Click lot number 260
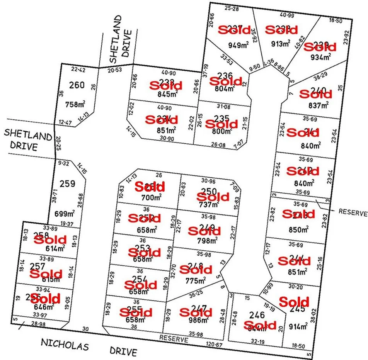[77, 84]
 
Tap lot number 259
[67, 183]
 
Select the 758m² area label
[76, 104]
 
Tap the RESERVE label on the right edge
[352, 212]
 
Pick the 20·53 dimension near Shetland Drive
[115, 70]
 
